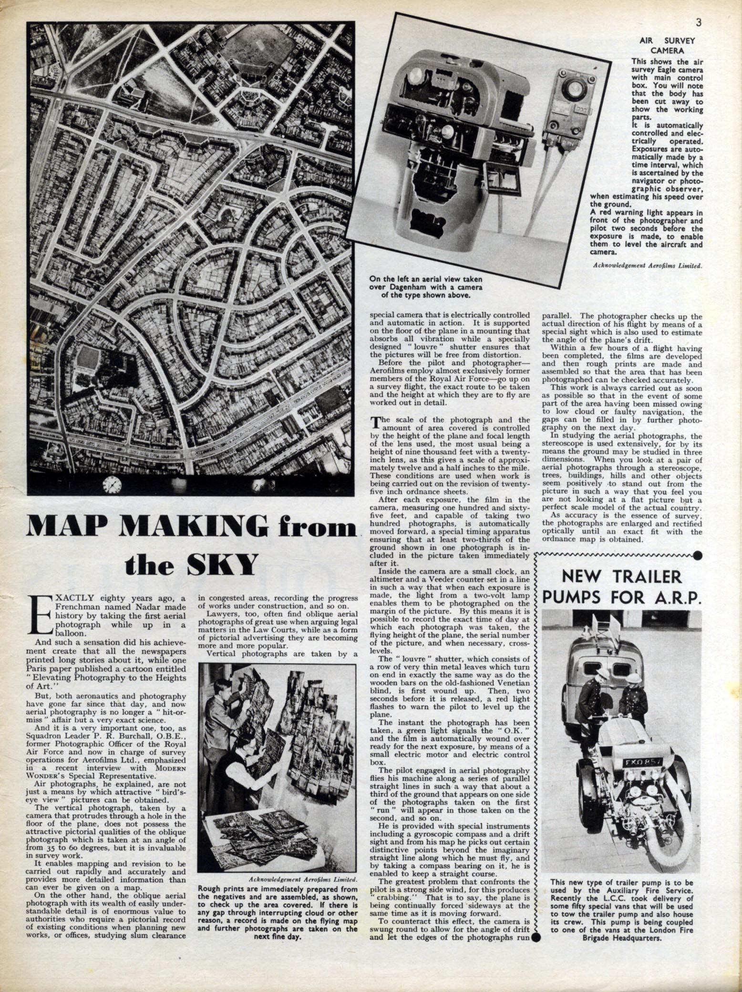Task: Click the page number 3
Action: (698, 9)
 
